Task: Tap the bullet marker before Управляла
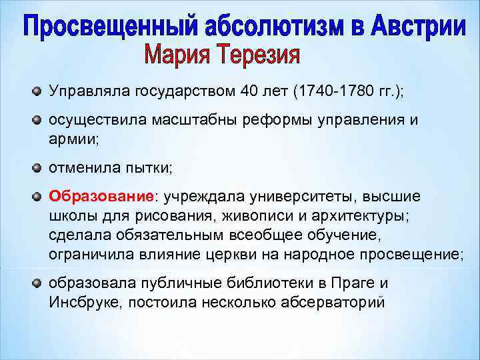click(x=37, y=90)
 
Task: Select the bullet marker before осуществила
click(x=37, y=119)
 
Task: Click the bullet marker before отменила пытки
click(x=37, y=167)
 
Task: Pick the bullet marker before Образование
click(x=37, y=196)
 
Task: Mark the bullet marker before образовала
click(x=37, y=283)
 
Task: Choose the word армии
click(x=72, y=139)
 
